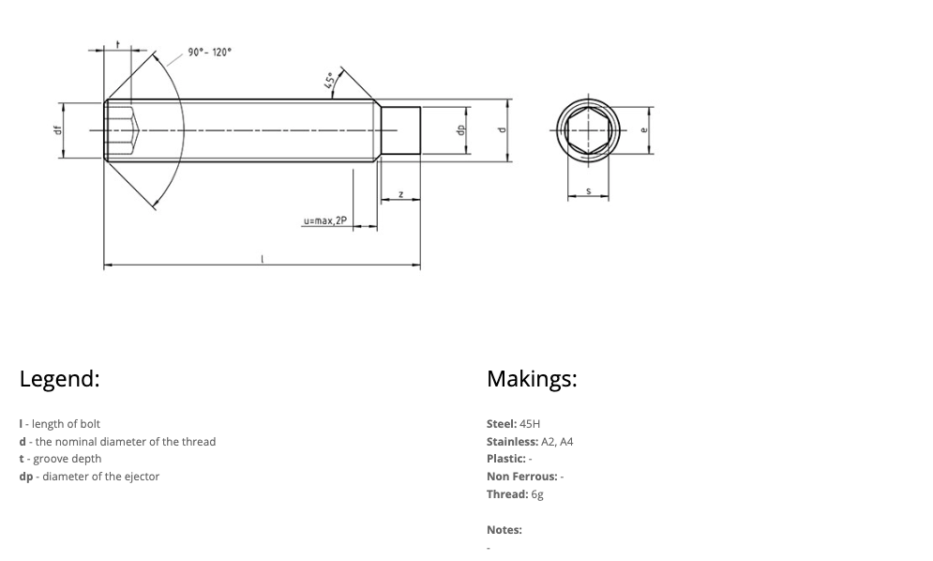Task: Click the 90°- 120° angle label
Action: point(208,53)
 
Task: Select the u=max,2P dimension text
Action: point(324,221)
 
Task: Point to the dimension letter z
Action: point(400,194)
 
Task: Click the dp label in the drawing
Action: point(460,130)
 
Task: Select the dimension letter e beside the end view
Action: point(643,130)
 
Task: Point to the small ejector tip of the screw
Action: point(399,130)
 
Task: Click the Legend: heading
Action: point(59,379)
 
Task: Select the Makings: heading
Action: point(532,379)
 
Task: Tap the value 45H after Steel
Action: point(530,424)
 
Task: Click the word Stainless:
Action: point(512,442)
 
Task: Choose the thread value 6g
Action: point(537,494)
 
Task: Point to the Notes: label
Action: point(504,530)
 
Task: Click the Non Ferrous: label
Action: point(521,477)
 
